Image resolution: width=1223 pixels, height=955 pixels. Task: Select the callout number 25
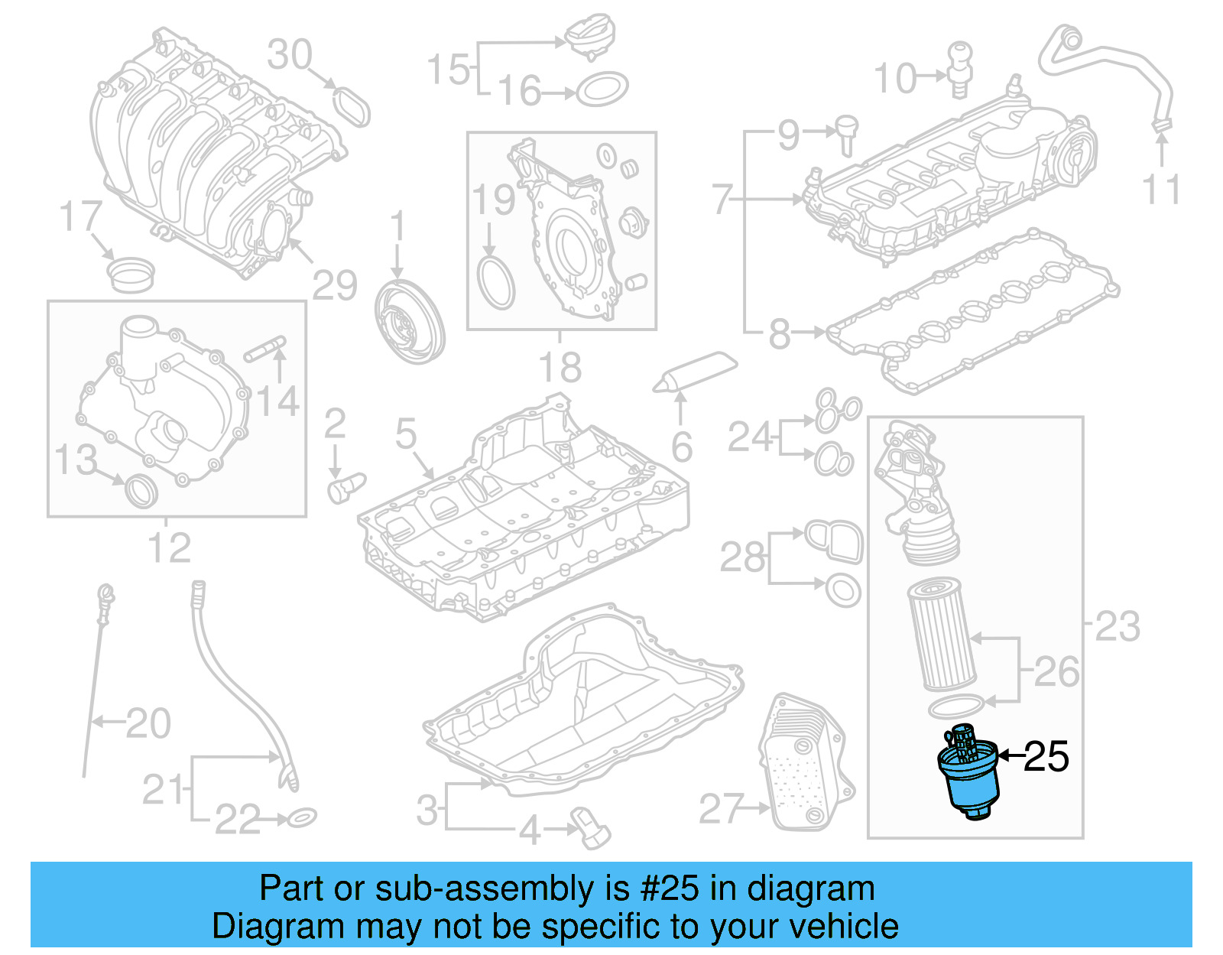(x=1046, y=757)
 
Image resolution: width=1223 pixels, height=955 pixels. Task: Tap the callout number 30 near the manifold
(x=290, y=55)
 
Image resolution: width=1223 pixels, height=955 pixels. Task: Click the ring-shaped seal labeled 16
(x=602, y=90)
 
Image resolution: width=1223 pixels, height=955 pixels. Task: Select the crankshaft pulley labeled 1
(x=410, y=321)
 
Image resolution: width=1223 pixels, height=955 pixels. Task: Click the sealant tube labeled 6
(x=696, y=372)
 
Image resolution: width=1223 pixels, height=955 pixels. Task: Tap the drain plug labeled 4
(x=590, y=827)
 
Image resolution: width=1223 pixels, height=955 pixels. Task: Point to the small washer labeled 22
(x=302, y=818)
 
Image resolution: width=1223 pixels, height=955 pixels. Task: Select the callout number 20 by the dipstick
(x=148, y=723)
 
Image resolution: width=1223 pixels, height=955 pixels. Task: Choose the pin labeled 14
(x=264, y=348)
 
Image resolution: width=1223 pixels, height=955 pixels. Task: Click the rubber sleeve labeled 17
(x=129, y=274)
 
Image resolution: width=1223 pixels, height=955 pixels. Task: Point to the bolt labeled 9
(x=846, y=133)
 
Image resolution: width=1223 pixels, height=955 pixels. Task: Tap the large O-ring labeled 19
(x=496, y=282)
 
